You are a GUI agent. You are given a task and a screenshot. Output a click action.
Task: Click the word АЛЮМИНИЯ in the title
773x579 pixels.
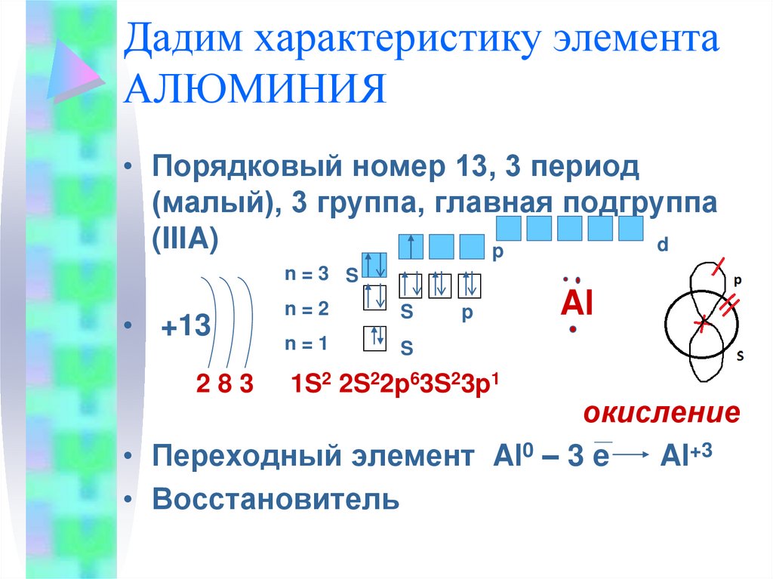click(254, 89)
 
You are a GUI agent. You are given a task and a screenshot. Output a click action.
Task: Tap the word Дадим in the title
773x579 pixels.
click(183, 38)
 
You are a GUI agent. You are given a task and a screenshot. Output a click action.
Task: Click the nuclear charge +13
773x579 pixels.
click(186, 326)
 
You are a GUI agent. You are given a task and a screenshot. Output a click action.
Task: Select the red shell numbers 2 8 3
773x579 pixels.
click(225, 383)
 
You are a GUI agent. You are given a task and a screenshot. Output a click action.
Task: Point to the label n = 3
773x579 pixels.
click(306, 274)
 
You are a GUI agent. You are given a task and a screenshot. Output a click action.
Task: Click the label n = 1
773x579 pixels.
click(306, 343)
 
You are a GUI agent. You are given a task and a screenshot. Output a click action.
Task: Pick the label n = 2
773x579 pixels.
click(306, 309)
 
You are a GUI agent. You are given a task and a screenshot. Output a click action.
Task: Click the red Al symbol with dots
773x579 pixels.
click(576, 303)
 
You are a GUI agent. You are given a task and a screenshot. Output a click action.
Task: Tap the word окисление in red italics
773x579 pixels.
click(661, 413)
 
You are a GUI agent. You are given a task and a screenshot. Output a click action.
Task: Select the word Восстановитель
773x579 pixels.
click(276, 499)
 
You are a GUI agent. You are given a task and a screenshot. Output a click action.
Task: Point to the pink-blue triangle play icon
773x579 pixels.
click(75, 70)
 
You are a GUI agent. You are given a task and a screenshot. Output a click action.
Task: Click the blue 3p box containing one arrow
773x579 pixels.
click(411, 247)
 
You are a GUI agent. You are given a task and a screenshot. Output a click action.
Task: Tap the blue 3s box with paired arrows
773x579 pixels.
click(374, 265)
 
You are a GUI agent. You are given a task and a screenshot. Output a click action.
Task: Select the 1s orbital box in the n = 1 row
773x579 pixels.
click(374, 338)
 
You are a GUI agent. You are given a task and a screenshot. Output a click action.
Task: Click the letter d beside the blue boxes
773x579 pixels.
click(663, 245)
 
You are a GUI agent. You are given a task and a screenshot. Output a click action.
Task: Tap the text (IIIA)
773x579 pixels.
click(186, 241)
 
